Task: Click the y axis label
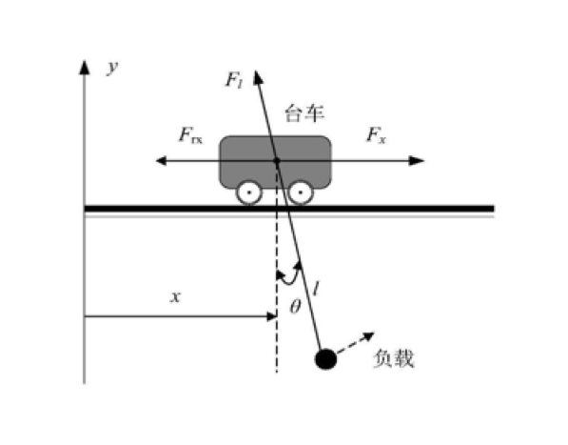tap(112, 67)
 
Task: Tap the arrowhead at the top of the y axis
tap(85, 68)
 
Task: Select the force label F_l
tap(234, 80)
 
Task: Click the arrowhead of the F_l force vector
tap(258, 77)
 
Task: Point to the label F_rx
tap(190, 135)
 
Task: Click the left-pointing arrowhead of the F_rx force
tap(161, 160)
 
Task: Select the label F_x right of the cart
tap(377, 135)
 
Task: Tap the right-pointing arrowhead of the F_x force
tap(417, 160)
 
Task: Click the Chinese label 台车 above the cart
tap(304, 113)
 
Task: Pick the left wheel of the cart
tap(249, 192)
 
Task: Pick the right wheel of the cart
tap(301, 192)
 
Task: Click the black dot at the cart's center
tap(277, 160)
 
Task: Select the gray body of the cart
tap(275, 162)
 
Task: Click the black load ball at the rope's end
tap(326, 359)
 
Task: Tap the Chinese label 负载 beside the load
tap(393, 359)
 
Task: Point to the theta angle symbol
tap(295, 307)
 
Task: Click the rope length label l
tap(316, 289)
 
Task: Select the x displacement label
tap(176, 297)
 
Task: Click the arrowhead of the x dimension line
tap(272, 316)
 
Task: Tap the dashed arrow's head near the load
tap(369, 336)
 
